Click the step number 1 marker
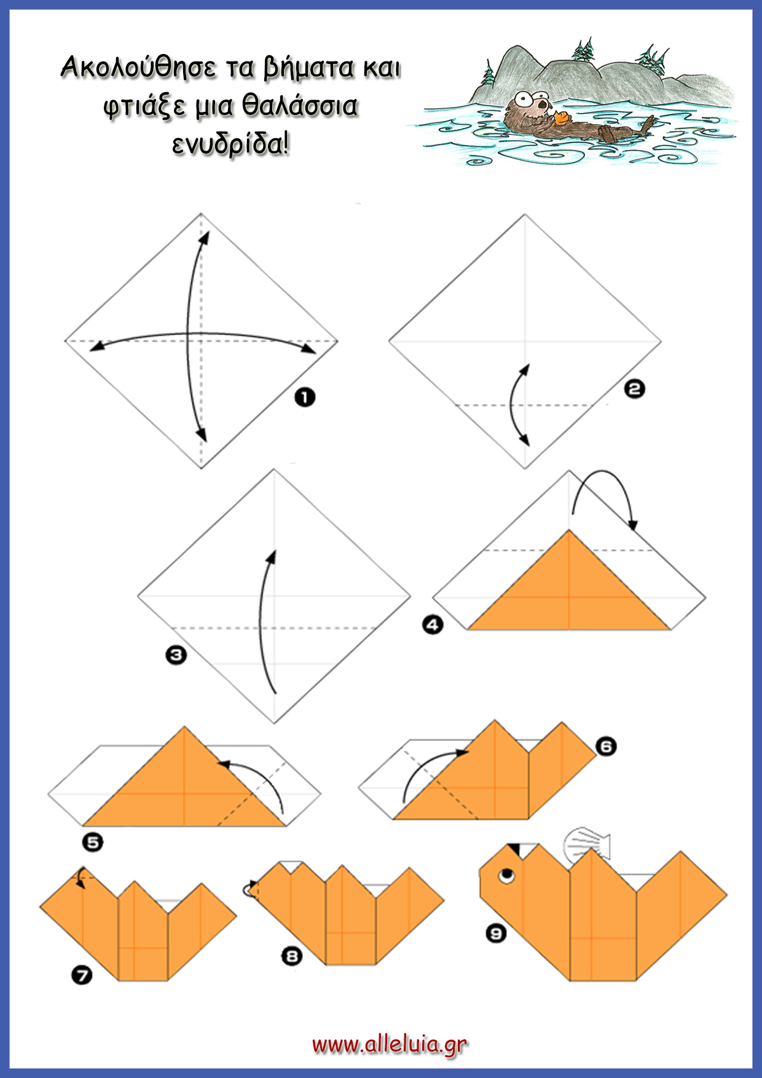point(305,398)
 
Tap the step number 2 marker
point(635,388)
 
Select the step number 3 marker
point(176,655)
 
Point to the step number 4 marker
point(433,625)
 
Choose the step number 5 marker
point(93,841)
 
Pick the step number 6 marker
point(606,747)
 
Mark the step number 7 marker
point(82,975)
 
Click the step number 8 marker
point(292,956)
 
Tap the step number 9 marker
point(496,934)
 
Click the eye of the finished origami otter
point(507,875)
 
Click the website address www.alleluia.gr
point(390,1044)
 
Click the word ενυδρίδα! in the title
point(230,144)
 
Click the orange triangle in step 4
point(569,590)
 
